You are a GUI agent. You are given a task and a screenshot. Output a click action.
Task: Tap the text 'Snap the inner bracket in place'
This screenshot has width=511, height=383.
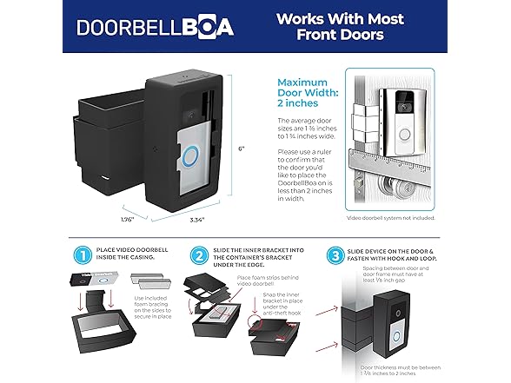(x=276, y=319)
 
